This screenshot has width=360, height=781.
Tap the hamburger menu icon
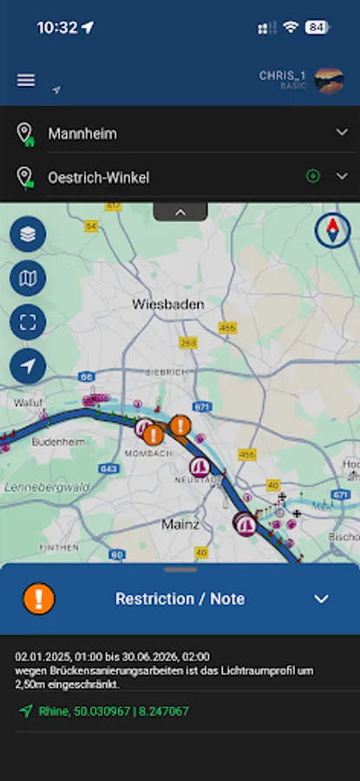(26, 80)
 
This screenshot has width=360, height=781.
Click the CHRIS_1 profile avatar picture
(329, 81)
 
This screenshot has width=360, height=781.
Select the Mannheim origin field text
(82, 134)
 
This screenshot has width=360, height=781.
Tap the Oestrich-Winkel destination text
(98, 177)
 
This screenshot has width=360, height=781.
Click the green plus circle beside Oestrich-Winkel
(313, 176)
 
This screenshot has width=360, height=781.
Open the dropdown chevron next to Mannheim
(342, 132)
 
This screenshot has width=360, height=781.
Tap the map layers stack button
(28, 234)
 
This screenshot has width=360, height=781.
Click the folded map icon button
(28, 279)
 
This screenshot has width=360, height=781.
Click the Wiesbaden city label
(168, 305)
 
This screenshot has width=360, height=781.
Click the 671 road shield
(203, 406)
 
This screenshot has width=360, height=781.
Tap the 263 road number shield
(187, 343)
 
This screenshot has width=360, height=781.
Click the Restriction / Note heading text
(180, 599)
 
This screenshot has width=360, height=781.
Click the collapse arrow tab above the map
(180, 211)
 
